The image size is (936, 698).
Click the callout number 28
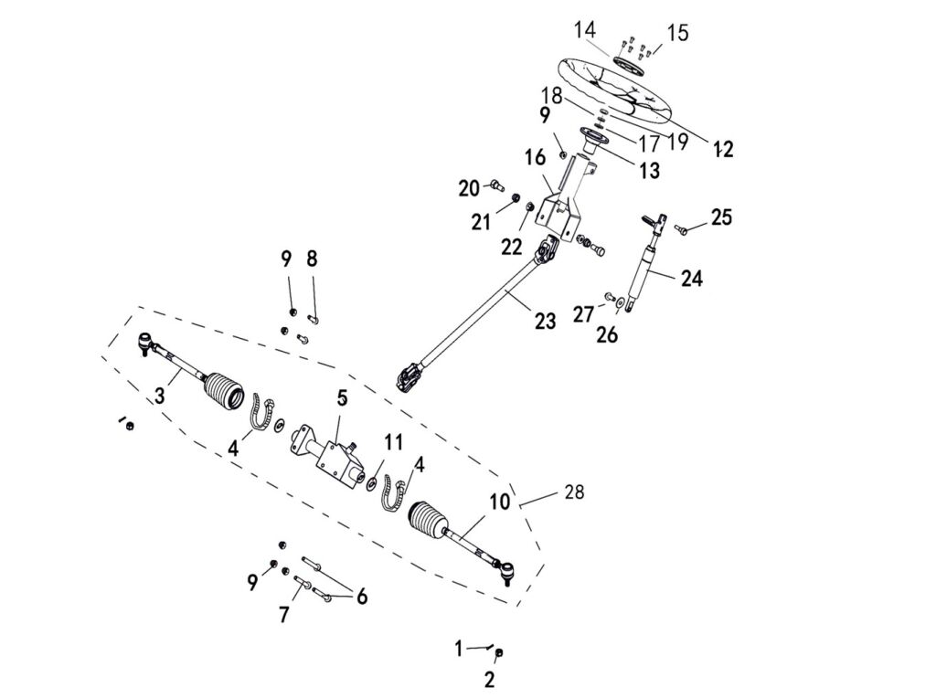[573, 492]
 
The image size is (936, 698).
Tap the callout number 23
[545, 321]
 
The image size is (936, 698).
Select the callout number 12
[723, 150]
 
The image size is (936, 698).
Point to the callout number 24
[691, 279]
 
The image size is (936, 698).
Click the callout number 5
[342, 397]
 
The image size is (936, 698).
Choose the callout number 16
[535, 158]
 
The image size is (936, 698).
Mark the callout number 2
[489, 679]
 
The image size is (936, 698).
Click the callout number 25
[721, 217]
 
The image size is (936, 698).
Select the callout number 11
[393, 442]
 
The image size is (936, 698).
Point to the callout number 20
[469, 189]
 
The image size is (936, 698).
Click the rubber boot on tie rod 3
[223, 390]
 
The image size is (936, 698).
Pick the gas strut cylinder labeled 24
[644, 270]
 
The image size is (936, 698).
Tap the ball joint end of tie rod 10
[507, 573]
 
